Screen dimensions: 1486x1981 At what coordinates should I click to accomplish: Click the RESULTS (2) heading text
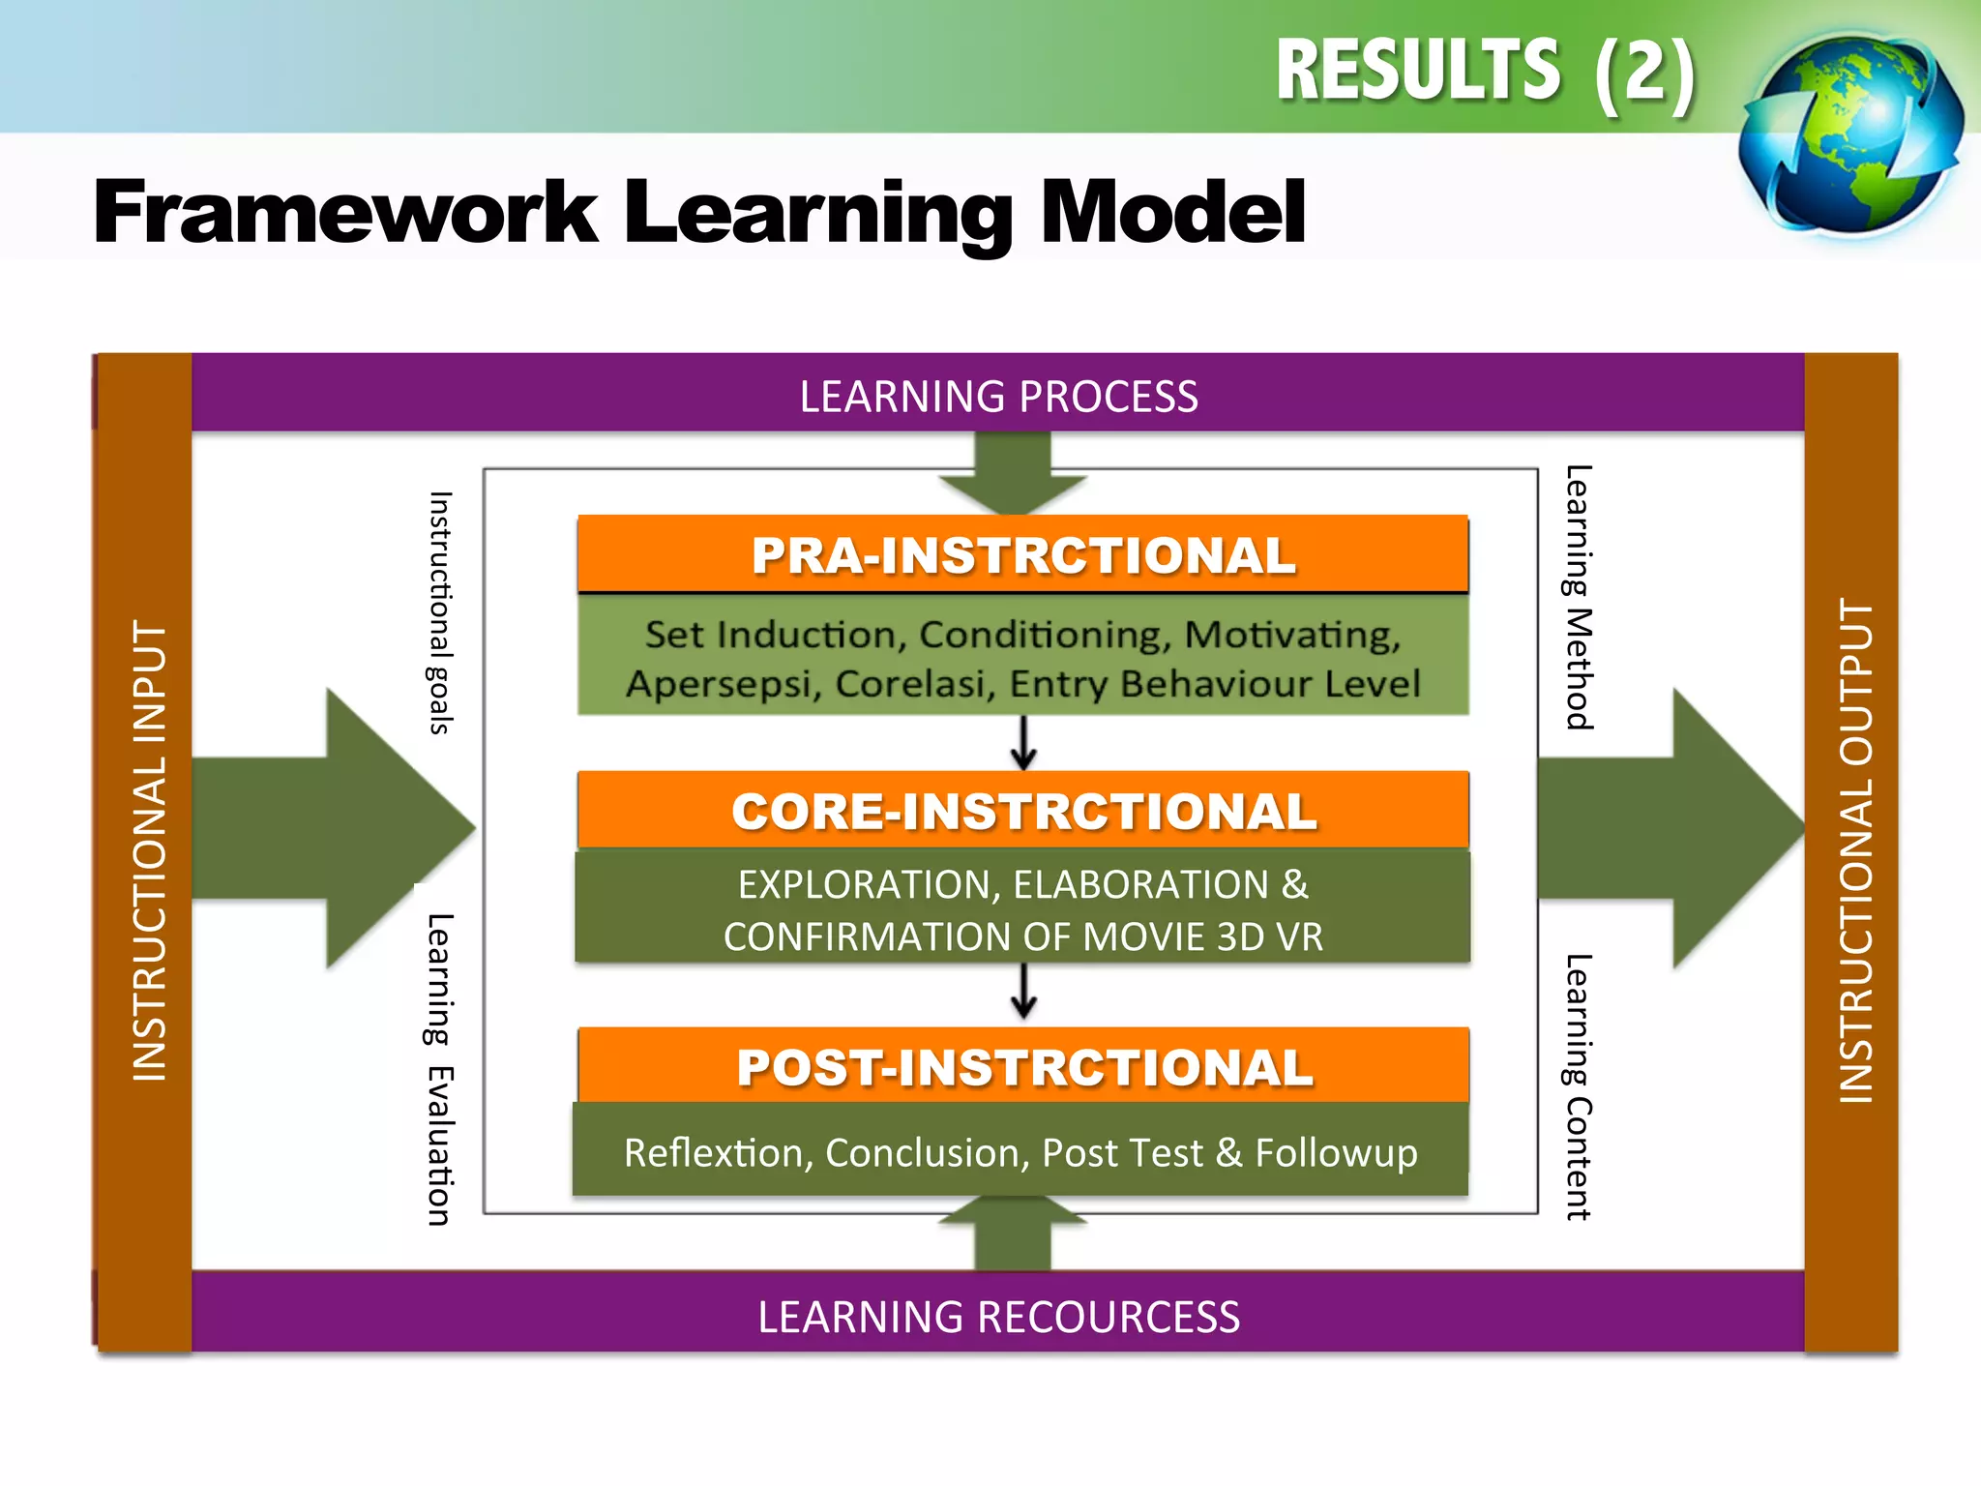click(1485, 72)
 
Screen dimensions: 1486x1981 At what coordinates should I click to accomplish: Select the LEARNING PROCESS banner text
click(998, 397)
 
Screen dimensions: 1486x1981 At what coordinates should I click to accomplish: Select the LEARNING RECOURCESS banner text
click(998, 1317)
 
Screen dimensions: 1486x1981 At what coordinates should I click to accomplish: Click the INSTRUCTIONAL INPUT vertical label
click(149, 851)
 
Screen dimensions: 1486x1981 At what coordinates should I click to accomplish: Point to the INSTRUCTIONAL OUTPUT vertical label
click(1855, 851)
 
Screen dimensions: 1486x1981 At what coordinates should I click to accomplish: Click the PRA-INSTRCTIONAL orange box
click(1022, 555)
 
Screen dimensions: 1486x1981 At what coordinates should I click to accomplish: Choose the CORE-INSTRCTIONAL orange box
click(1022, 811)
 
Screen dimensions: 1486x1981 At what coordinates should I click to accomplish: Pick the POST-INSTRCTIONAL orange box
click(1022, 1067)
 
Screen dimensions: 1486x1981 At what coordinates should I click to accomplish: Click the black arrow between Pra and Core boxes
click(1023, 744)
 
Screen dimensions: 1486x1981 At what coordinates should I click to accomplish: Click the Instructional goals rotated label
click(441, 612)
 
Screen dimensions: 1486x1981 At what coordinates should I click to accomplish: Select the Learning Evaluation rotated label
click(441, 1069)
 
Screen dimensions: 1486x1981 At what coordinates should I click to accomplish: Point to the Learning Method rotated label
click(1579, 597)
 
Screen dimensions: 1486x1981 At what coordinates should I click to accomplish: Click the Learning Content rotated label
click(1579, 1086)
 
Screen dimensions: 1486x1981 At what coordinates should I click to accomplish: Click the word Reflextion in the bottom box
click(713, 1153)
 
